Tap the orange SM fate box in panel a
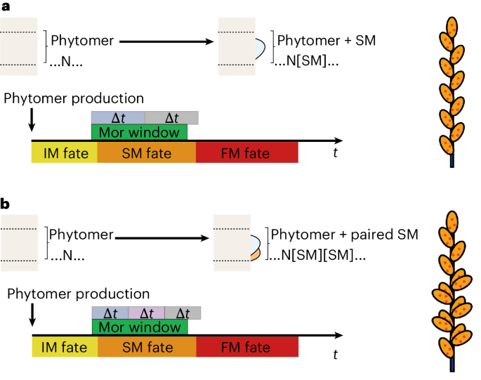click(146, 152)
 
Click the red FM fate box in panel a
click(246, 152)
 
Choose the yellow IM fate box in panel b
click(64, 347)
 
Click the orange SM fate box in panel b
click(146, 347)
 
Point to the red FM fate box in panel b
click(246, 347)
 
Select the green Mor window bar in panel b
click(139, 327)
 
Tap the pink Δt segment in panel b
click(146, 313)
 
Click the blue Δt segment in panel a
click(117, 117)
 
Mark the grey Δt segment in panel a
click(171, 117)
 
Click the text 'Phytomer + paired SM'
click(344, 235)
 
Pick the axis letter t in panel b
click(336, 355)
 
